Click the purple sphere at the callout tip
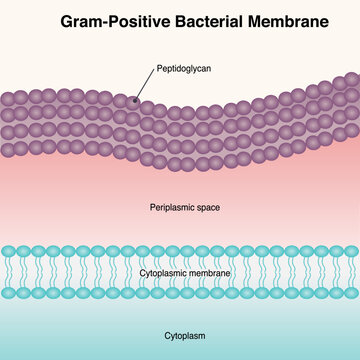(x=134, y=100)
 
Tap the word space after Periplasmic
(x=205, y=208)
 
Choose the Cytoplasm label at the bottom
(x=180, y=337)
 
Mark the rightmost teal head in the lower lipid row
(x=349, y=294)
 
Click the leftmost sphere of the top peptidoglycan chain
(x=9, y=97)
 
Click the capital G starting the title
(x=66, y=20)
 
